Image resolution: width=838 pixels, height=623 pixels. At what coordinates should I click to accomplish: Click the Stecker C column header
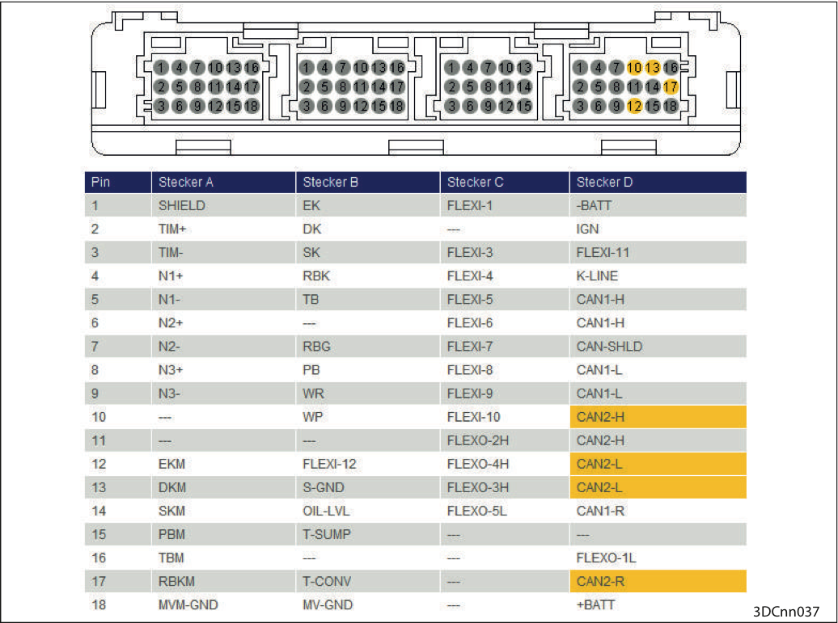point(505,182)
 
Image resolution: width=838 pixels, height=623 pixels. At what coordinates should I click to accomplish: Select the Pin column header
point(118,182)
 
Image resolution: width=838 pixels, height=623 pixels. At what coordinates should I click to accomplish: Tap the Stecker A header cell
point(223,182)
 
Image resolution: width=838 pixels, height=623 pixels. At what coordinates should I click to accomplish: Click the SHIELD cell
point(223,205)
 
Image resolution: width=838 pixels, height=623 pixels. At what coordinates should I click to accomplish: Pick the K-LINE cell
point(658,276)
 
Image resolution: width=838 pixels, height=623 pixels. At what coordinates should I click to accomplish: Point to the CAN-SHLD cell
point(658,347)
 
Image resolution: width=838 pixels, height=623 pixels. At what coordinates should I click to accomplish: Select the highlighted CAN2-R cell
point(658,581)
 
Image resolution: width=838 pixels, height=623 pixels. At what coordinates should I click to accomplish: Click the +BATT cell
point(658,605)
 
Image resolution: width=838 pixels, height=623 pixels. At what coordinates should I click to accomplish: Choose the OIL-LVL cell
point(368,511)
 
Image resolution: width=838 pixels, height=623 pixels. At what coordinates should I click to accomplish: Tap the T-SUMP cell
point(368,534)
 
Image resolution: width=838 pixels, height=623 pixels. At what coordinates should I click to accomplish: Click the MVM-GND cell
point(223,605)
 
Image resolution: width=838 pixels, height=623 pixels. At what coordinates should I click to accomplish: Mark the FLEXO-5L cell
point(505,511)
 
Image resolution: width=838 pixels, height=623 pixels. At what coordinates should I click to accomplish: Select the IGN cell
point(658,229)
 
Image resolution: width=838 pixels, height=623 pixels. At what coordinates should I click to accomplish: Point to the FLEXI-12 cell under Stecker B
point(368,464)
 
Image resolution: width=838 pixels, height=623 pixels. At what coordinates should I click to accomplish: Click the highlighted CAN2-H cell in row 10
point(658,417)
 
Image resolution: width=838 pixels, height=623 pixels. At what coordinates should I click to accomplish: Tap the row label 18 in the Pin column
point(99,605)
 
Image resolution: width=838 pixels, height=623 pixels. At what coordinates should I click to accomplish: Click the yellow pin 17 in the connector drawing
point(671,86)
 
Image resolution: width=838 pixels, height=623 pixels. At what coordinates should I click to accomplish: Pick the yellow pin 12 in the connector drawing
point(634,106)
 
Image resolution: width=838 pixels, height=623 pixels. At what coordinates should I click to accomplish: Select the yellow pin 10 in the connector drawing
point(634,67)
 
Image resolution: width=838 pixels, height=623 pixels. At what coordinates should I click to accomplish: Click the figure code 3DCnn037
point(785,612)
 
